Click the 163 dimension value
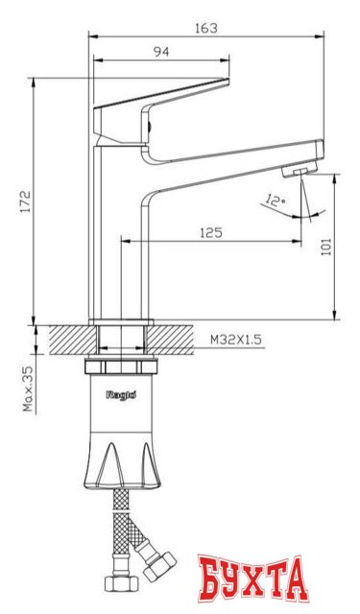204,28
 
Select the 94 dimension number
160,51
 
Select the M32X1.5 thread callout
235,339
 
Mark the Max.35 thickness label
29,389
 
